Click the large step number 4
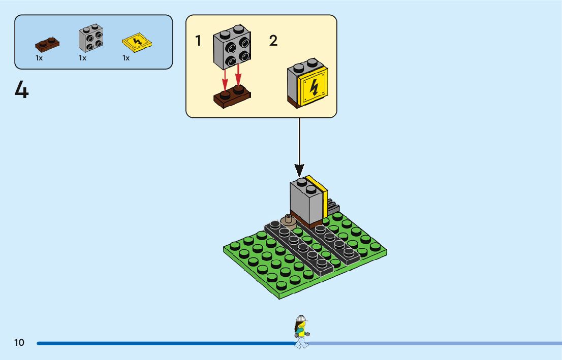coord(21,91)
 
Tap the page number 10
coord(19,343)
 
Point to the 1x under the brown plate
coord(39,58)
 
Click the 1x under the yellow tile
coord(126,58)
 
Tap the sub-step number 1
coord(198,41)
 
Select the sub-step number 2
coord(273,41)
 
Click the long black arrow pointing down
coord(299,147)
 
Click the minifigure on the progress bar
coord(301,332)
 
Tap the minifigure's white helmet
coord(301,319)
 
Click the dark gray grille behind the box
coord(333,207)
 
